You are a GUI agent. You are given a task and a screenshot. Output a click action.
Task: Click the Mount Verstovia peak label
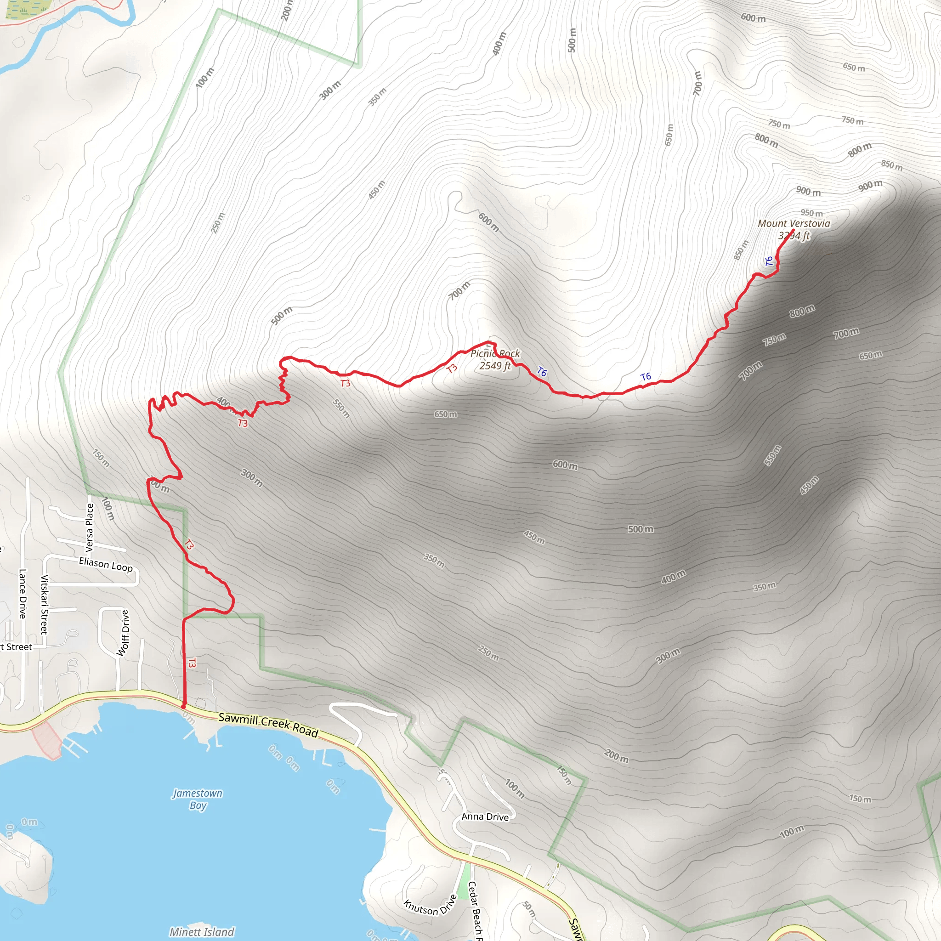[794, 224]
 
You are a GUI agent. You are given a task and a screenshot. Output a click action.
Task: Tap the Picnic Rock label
[495, 354]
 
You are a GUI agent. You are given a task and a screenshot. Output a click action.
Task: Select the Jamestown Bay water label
[198, 799]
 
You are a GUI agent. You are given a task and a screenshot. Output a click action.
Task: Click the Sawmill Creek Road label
[268, 725]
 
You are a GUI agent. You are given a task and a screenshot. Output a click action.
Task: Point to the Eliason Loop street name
[106, 565]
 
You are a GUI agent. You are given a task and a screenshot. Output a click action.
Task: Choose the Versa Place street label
[90, 527]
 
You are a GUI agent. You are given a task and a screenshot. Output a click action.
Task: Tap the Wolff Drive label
[124, 633]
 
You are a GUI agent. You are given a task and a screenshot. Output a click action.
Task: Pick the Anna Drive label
[485, 817]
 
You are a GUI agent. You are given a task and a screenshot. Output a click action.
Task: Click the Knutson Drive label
[430, 905]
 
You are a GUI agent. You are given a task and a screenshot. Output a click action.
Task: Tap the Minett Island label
[202, 932]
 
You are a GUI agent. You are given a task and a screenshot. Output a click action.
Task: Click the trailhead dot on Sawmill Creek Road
[184, 706]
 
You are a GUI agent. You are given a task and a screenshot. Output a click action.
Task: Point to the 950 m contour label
[811, 213]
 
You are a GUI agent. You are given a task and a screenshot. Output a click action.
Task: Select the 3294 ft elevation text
[794, 236]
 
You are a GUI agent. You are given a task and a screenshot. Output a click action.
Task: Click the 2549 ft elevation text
[495, 366]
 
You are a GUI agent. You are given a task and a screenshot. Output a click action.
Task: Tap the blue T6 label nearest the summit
[769, 261]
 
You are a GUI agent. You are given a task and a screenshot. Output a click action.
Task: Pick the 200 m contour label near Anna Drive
[616, 756]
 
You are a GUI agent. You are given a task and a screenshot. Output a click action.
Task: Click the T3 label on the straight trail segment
[192, 663]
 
